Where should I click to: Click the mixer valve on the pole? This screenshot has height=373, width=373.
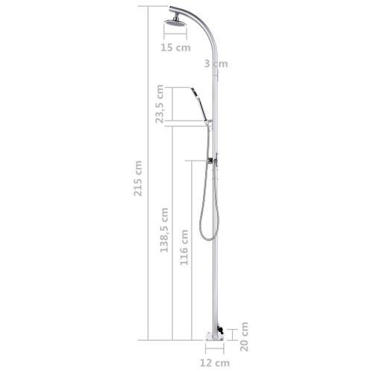[214, 160]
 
